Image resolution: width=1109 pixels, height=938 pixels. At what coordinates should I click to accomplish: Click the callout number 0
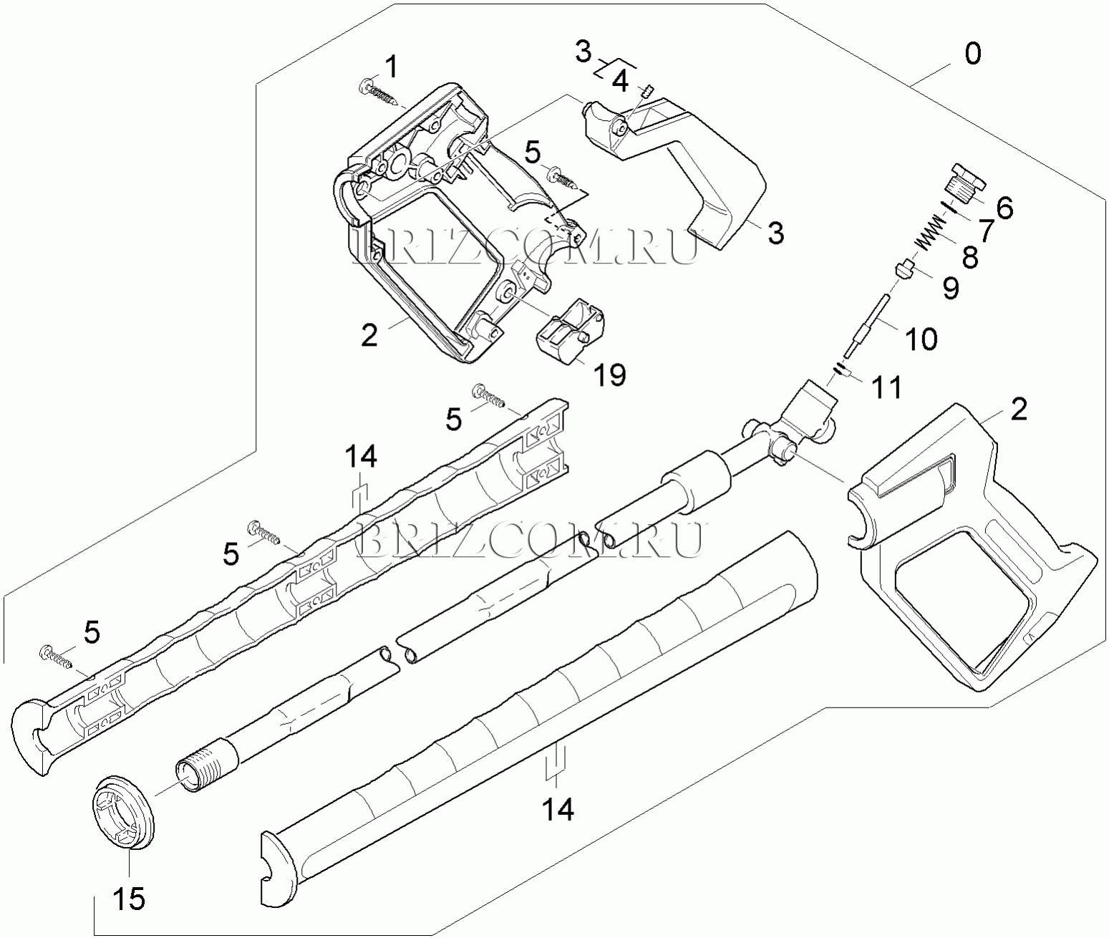(x=972, y=54)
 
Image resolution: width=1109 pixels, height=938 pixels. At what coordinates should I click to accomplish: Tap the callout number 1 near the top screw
(x=391, y=67)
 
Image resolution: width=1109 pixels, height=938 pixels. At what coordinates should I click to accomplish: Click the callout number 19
(x=610, y=374)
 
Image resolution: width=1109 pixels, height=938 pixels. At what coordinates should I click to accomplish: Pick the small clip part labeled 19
(x=569, y=330)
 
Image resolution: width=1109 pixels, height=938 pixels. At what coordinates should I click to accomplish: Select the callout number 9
(x=951, y=287)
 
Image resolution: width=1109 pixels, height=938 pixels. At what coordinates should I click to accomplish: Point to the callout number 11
(x=886, y=387)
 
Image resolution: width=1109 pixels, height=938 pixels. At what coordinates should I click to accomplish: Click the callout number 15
(x=130, y=899)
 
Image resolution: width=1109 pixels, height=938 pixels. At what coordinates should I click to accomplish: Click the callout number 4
(x=620, y=82)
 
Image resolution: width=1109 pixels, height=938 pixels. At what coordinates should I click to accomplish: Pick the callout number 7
(x=986, y=231)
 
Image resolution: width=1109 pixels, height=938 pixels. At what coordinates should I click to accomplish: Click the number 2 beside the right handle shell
(x=1018, y=409)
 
